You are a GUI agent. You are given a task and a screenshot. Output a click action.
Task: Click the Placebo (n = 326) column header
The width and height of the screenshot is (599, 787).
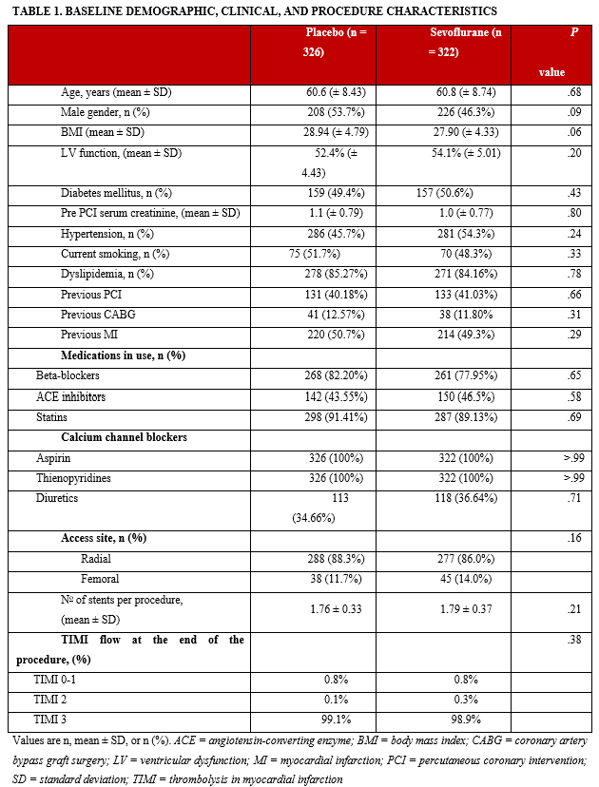[328, 42]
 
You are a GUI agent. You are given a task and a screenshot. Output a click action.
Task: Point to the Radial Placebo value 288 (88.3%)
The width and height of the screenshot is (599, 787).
[334, 559]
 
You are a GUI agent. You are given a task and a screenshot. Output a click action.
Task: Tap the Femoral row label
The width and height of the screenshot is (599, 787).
[101, 579]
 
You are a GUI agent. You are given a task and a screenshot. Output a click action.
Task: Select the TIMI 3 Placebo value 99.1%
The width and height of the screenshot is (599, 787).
[335, 720]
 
